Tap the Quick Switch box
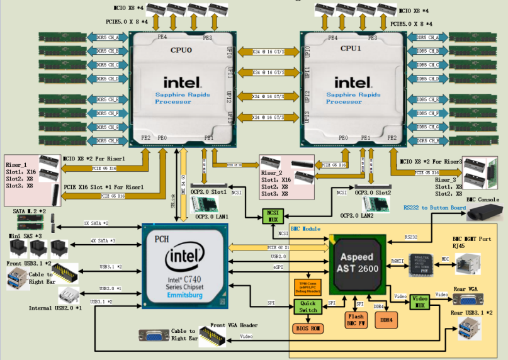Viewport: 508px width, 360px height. pos(308,307)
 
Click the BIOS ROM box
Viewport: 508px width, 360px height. pos(308,328)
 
